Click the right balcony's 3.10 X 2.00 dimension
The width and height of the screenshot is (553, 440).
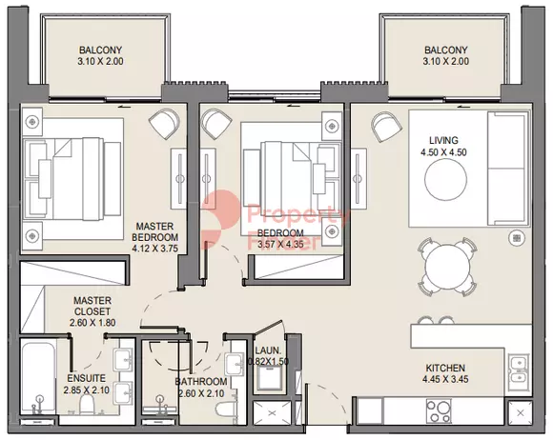pyautogui.click(x=445, y=62)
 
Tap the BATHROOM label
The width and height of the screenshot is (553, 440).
pyautogui.click(x=201, y=382)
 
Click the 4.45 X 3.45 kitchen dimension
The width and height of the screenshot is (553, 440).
pyautogui.click(x=445, y=380)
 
